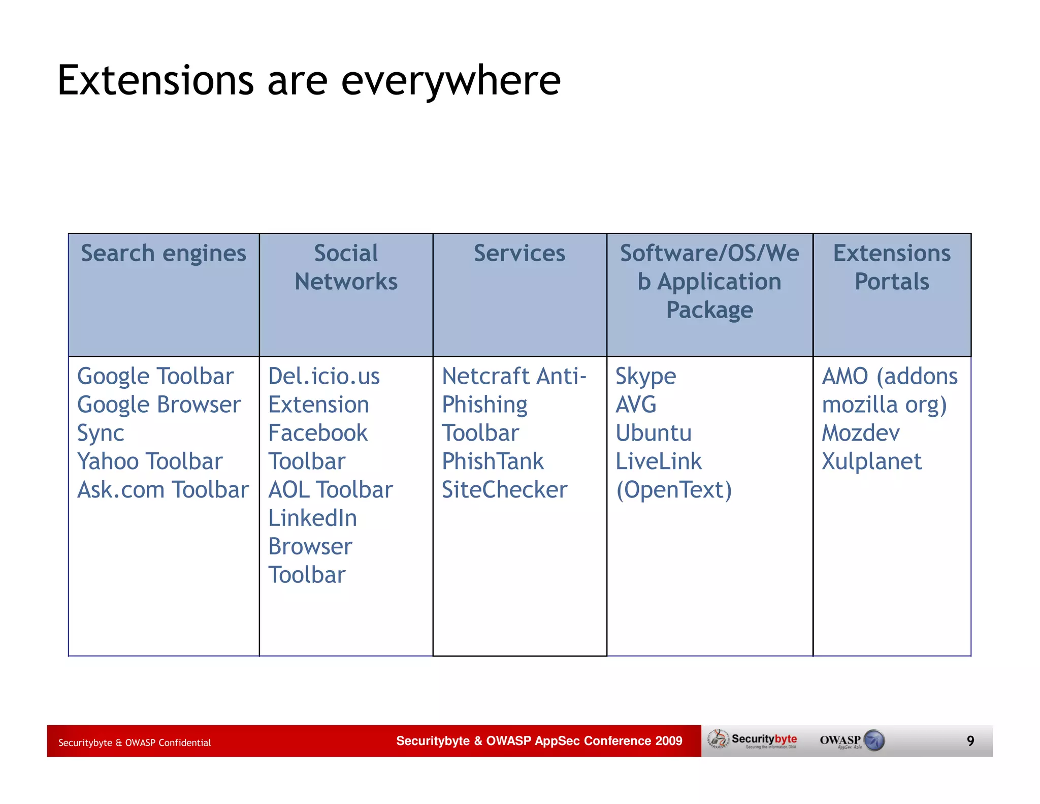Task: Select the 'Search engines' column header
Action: coord(164,254)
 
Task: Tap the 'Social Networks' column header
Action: coord(346,267)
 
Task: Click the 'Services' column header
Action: coord(519,254)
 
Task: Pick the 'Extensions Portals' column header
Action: coord(892,267)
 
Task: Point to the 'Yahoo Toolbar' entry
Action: coord(150,461)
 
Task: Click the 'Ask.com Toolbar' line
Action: coord(162,490)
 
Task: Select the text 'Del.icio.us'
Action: coord(323,377)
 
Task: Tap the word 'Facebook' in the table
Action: coord(318,433)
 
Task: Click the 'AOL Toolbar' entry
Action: coord(330,490)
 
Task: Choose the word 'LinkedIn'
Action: coord(312,518)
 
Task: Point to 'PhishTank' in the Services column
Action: coord(493,461)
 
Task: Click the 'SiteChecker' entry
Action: coord(504,490)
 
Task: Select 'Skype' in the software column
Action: coord(645,377)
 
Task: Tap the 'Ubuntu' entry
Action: coord(654,433)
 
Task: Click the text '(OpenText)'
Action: coord(674,490)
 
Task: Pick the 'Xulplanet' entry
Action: coord(871,461)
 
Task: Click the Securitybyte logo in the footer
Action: coord(754,740)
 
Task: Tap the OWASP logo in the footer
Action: coord(852,740)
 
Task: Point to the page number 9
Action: coord(970,741)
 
